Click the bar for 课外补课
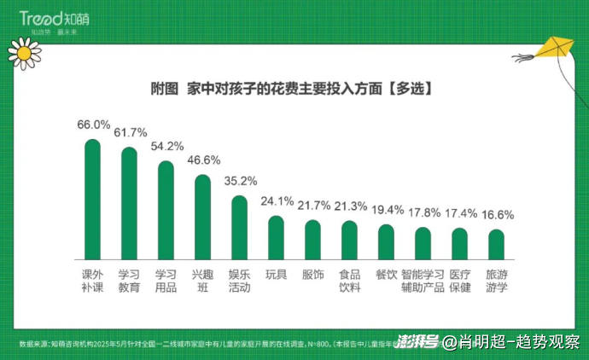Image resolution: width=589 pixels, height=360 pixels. tap(92, 200)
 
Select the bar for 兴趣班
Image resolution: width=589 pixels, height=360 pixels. tap(202, 218)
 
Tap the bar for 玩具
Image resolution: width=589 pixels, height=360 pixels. tap(276, 238)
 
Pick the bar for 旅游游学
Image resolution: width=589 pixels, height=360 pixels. tap(496, 245)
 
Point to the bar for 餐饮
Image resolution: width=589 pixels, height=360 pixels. tap(386, 242)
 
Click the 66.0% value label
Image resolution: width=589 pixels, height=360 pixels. tap(93, 125)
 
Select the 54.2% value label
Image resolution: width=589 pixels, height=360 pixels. tap(166, 146)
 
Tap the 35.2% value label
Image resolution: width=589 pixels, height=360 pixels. tap(240, 181)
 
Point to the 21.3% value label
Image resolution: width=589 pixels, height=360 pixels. tap(349, 206)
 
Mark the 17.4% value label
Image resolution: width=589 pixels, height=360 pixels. tap(459, 212)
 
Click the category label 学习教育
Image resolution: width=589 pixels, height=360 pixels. tap(129, 281)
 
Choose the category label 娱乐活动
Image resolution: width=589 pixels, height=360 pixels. tap(239, 281)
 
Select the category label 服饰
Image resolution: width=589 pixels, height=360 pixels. tap(312, 275)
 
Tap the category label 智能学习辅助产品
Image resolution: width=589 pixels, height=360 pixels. tap(423, 281)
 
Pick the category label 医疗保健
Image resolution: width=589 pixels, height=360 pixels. tap(459, 281)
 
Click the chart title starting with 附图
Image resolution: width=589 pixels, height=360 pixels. tap(289, 89)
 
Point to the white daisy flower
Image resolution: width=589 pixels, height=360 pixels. tap(23, 54)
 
